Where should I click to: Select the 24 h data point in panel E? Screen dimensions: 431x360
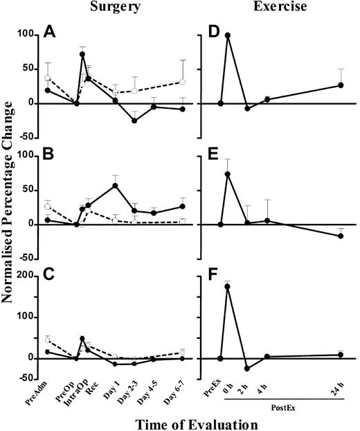(341, 236)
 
